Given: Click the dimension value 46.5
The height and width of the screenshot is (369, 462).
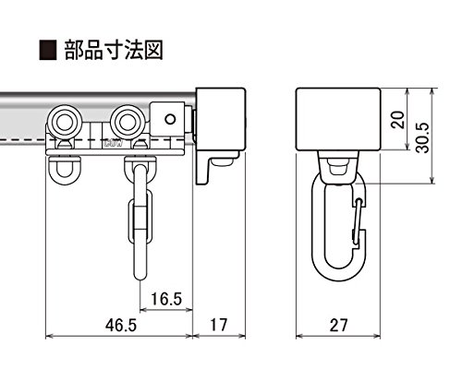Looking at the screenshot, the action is pos(120,325).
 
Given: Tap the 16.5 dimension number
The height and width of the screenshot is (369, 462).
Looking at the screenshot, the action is pos(166,299).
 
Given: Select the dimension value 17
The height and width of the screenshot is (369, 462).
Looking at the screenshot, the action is pos(219,325).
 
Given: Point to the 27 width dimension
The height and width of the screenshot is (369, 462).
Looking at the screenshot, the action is pos(338,325).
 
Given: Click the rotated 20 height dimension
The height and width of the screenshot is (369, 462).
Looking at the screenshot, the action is pos(397,119).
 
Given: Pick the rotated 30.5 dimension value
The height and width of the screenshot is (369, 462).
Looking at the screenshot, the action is pos(422,137).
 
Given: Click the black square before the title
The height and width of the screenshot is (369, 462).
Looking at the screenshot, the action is pos(48,50).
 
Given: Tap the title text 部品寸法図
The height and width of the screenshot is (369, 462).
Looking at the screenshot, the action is pos(114,50).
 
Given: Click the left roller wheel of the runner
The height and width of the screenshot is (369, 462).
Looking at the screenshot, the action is pos(66,123).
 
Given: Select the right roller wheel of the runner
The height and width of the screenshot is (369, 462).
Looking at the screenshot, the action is pos(128,123).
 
